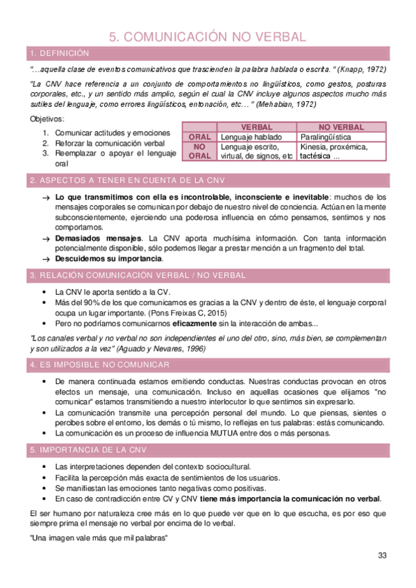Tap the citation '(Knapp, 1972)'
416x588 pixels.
363,70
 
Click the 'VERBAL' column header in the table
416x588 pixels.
256,128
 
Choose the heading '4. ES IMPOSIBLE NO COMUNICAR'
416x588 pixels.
100,365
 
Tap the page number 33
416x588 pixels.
382,555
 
